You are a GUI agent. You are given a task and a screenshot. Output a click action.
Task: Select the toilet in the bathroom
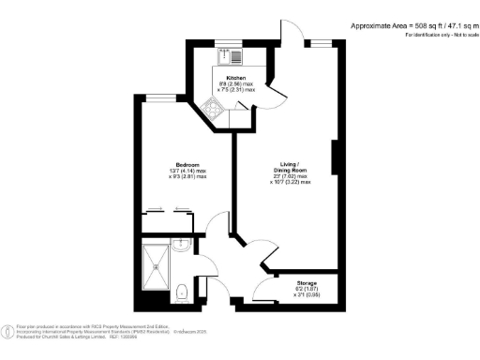(183, 292)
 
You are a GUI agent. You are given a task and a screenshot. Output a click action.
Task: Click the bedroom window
(165, 96)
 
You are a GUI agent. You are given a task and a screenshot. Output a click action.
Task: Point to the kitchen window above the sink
(230, 40)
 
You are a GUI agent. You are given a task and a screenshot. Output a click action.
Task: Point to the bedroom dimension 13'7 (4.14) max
(182, 169)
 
